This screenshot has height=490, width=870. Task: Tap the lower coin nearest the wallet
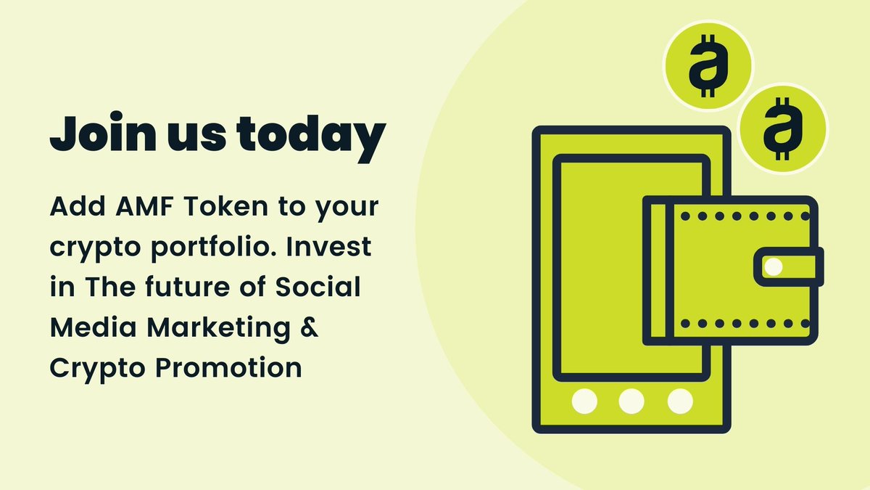pyautogui.click(x=783, y=128)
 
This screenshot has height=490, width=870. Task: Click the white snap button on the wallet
pyautogui.click(x=774, y=266)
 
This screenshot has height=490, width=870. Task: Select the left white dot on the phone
pyautogui.click(x=583, y=399)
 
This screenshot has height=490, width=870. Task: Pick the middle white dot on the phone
pyautogui.click(x=631, y=399)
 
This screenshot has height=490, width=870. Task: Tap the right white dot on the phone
pyautogui.click(x=679, y=399)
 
